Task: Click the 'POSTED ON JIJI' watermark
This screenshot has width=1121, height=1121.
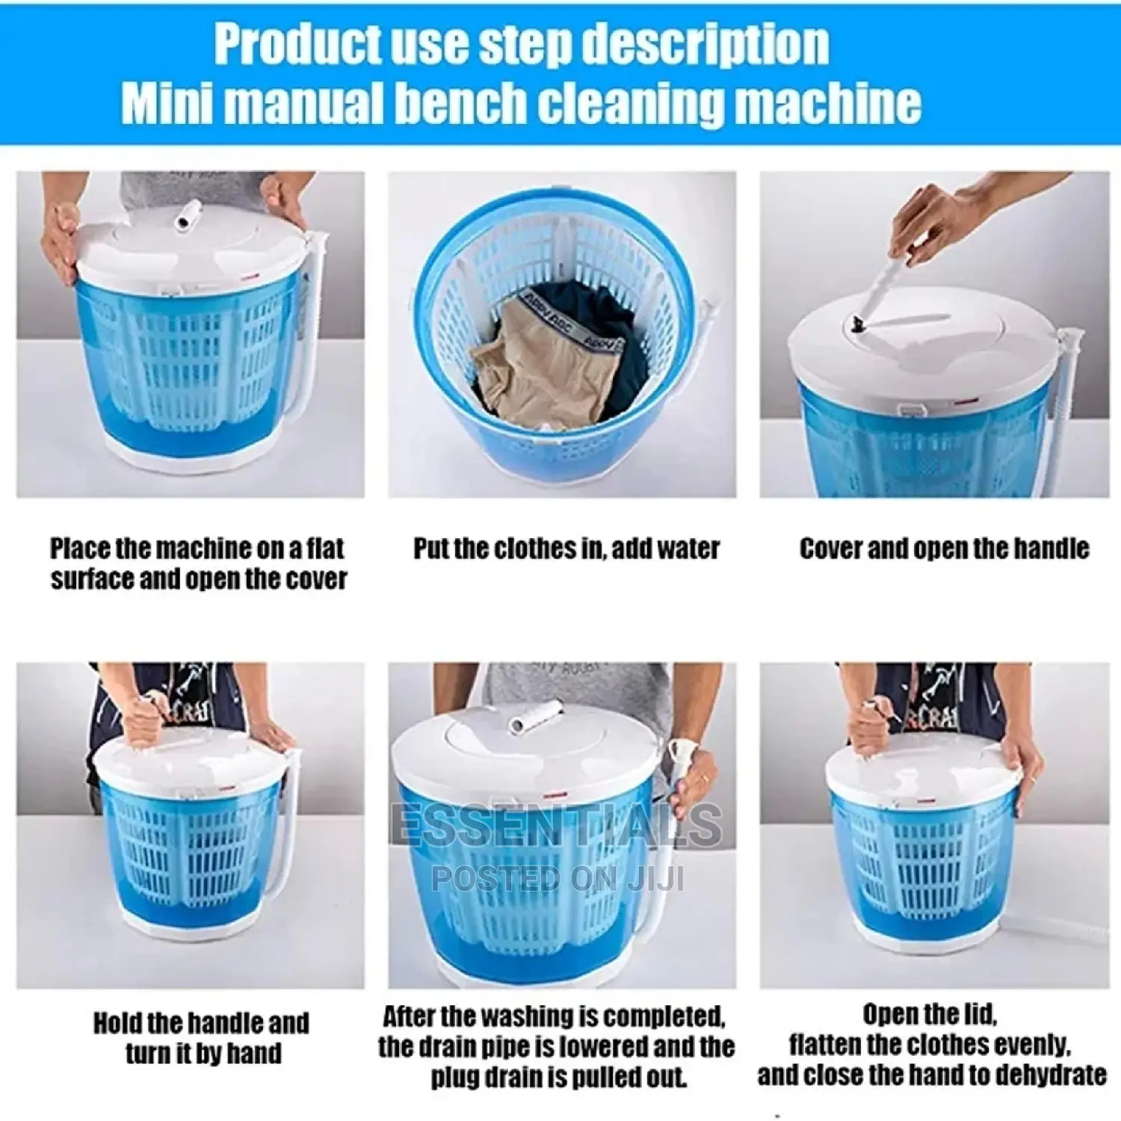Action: (558, 878)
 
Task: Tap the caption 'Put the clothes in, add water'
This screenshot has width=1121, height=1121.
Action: (566, 549)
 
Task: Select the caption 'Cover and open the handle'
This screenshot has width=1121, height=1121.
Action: (943, 549)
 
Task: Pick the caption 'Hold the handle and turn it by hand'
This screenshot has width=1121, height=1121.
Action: (201, 1037)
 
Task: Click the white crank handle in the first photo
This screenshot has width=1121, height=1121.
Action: (187, 214)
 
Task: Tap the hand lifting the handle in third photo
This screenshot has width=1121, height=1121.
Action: (934, 224)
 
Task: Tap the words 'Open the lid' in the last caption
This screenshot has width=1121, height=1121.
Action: (930, 1014)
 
